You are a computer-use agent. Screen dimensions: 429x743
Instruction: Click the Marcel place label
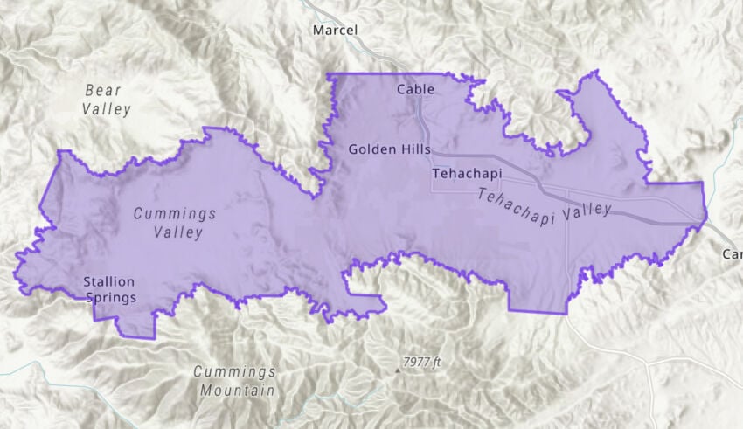pos(335,31)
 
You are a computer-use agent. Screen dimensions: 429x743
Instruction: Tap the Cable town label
pos(415,89)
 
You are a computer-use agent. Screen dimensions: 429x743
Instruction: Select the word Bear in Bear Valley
pos(103,90)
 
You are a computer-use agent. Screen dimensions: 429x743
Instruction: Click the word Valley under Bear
pos(107,109)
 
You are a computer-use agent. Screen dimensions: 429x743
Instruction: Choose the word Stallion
pos(109,281)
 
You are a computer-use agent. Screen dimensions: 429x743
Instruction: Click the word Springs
pos(111,298)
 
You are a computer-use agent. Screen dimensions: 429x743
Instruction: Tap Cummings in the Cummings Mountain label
pos(234,372)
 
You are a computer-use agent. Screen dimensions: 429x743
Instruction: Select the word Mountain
pos(237,391)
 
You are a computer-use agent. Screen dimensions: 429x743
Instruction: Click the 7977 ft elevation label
pos(423,362)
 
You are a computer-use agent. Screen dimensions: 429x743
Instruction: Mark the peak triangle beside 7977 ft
pos(399,370)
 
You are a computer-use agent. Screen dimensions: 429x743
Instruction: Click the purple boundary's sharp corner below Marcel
pos(328,74)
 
